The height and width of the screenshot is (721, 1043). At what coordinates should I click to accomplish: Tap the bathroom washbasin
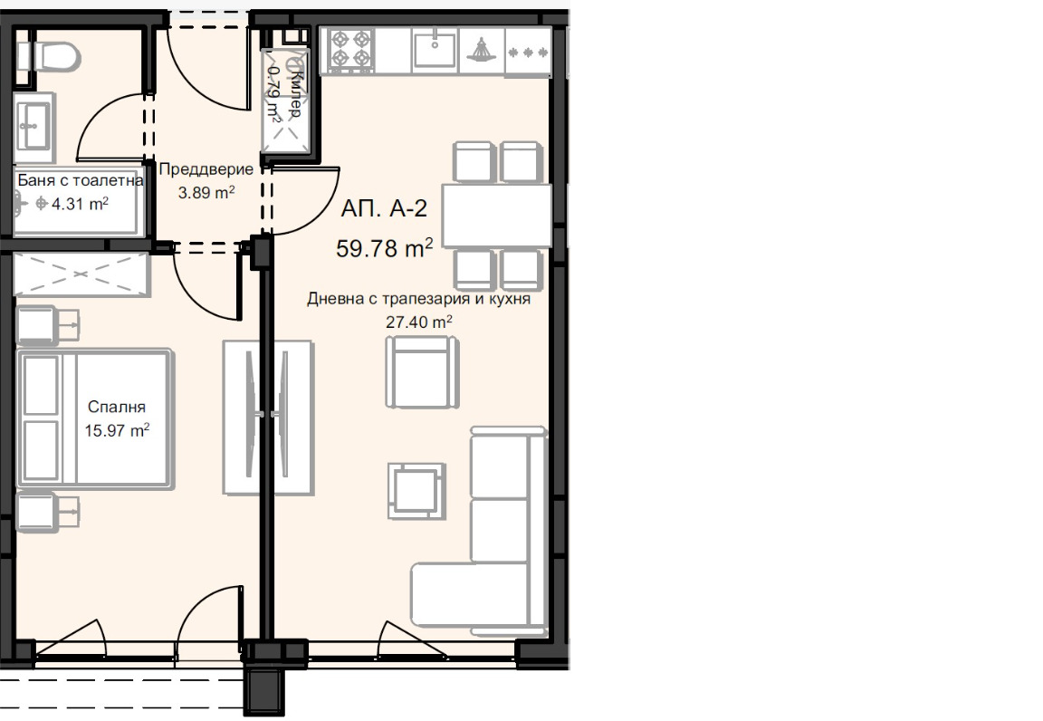33,127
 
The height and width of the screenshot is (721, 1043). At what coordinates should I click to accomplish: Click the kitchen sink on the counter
435,49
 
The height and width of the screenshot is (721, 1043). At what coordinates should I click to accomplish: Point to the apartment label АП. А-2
384,208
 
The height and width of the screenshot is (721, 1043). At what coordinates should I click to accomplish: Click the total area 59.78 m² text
385,248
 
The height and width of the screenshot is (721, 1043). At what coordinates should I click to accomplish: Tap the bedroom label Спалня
117,407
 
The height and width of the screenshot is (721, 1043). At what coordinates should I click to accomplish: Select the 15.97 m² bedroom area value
117,430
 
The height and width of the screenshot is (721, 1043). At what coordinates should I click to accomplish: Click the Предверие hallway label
206,169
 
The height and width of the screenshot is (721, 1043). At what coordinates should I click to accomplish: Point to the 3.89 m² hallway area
206,192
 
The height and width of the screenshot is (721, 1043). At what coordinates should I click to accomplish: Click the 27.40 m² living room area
419,322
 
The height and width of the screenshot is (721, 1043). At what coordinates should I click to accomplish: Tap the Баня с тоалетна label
80,179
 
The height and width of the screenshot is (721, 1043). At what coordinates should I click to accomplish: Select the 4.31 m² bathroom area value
80,203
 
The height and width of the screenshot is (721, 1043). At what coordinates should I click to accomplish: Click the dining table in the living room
497,216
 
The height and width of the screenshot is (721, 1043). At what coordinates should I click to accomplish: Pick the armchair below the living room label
423,371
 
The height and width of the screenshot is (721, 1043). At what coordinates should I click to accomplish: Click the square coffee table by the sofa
417,491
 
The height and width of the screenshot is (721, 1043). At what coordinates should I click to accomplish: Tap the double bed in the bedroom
95,418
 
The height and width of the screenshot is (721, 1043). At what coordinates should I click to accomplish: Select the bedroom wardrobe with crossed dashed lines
81,274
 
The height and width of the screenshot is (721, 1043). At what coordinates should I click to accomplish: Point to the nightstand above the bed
46,325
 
